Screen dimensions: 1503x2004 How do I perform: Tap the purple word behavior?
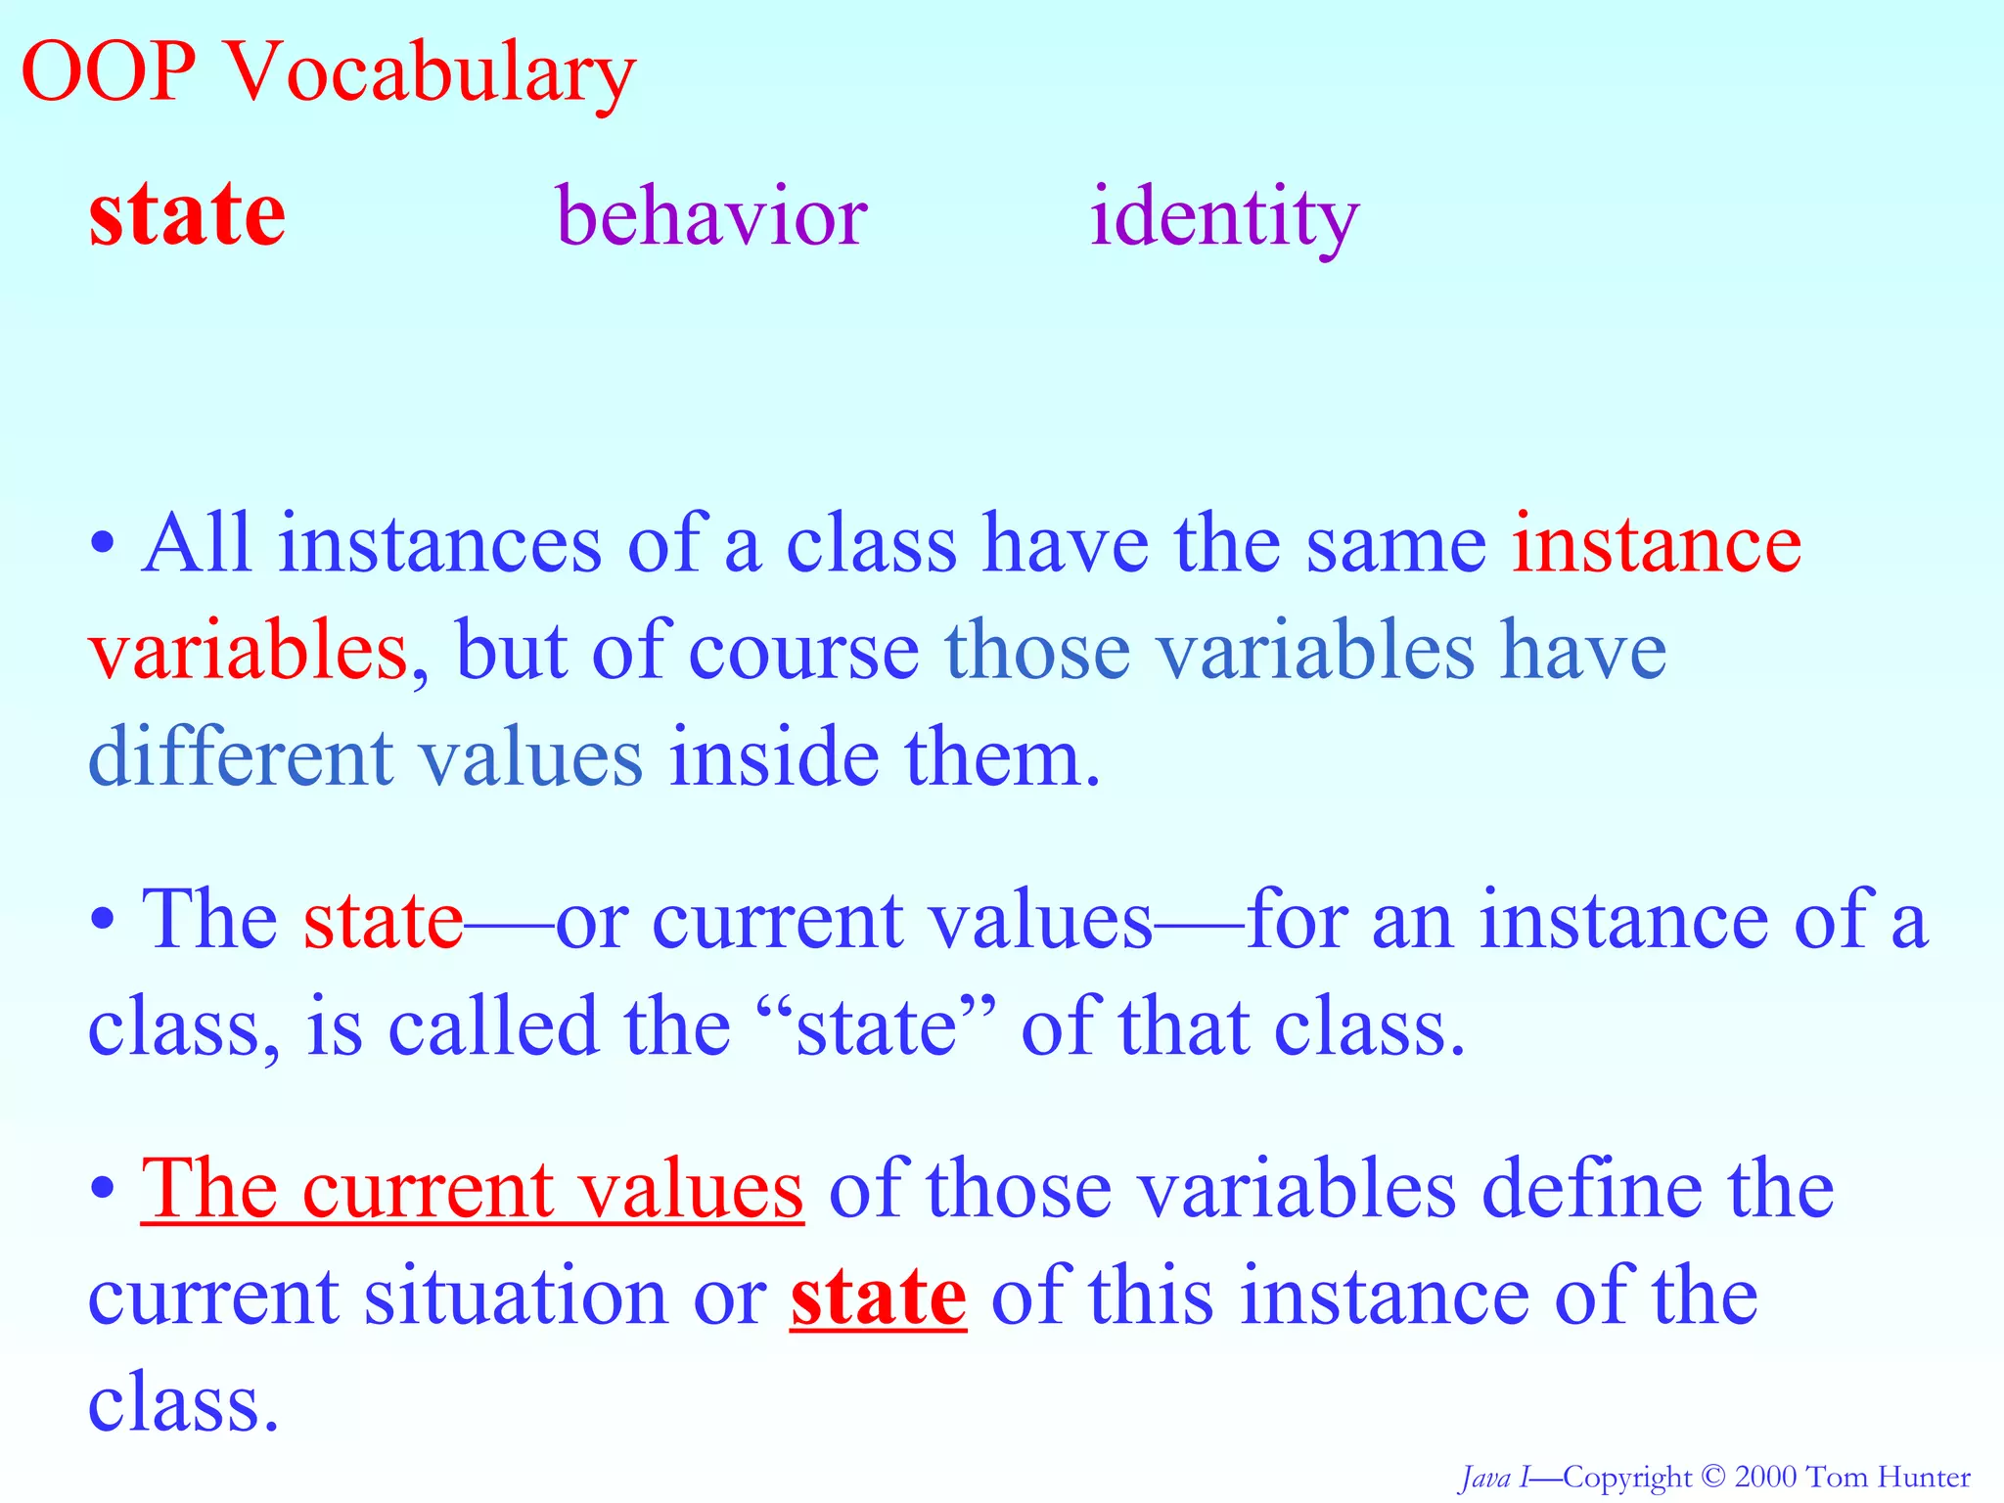(x=711, y=215)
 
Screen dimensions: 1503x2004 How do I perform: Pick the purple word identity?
(x=1224, y=215)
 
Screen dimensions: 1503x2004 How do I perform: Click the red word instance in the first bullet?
(x=1656, y=544)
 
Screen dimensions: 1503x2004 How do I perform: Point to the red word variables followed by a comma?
(x=247, y=652)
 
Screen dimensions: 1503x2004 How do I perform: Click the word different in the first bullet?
(x=241, y=757)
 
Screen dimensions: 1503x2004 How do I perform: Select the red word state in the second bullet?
(x=383, y=921)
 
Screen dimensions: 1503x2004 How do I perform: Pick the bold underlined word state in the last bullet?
(x=878, y=1298)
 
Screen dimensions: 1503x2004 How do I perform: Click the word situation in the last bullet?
(x=515, y=1298)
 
